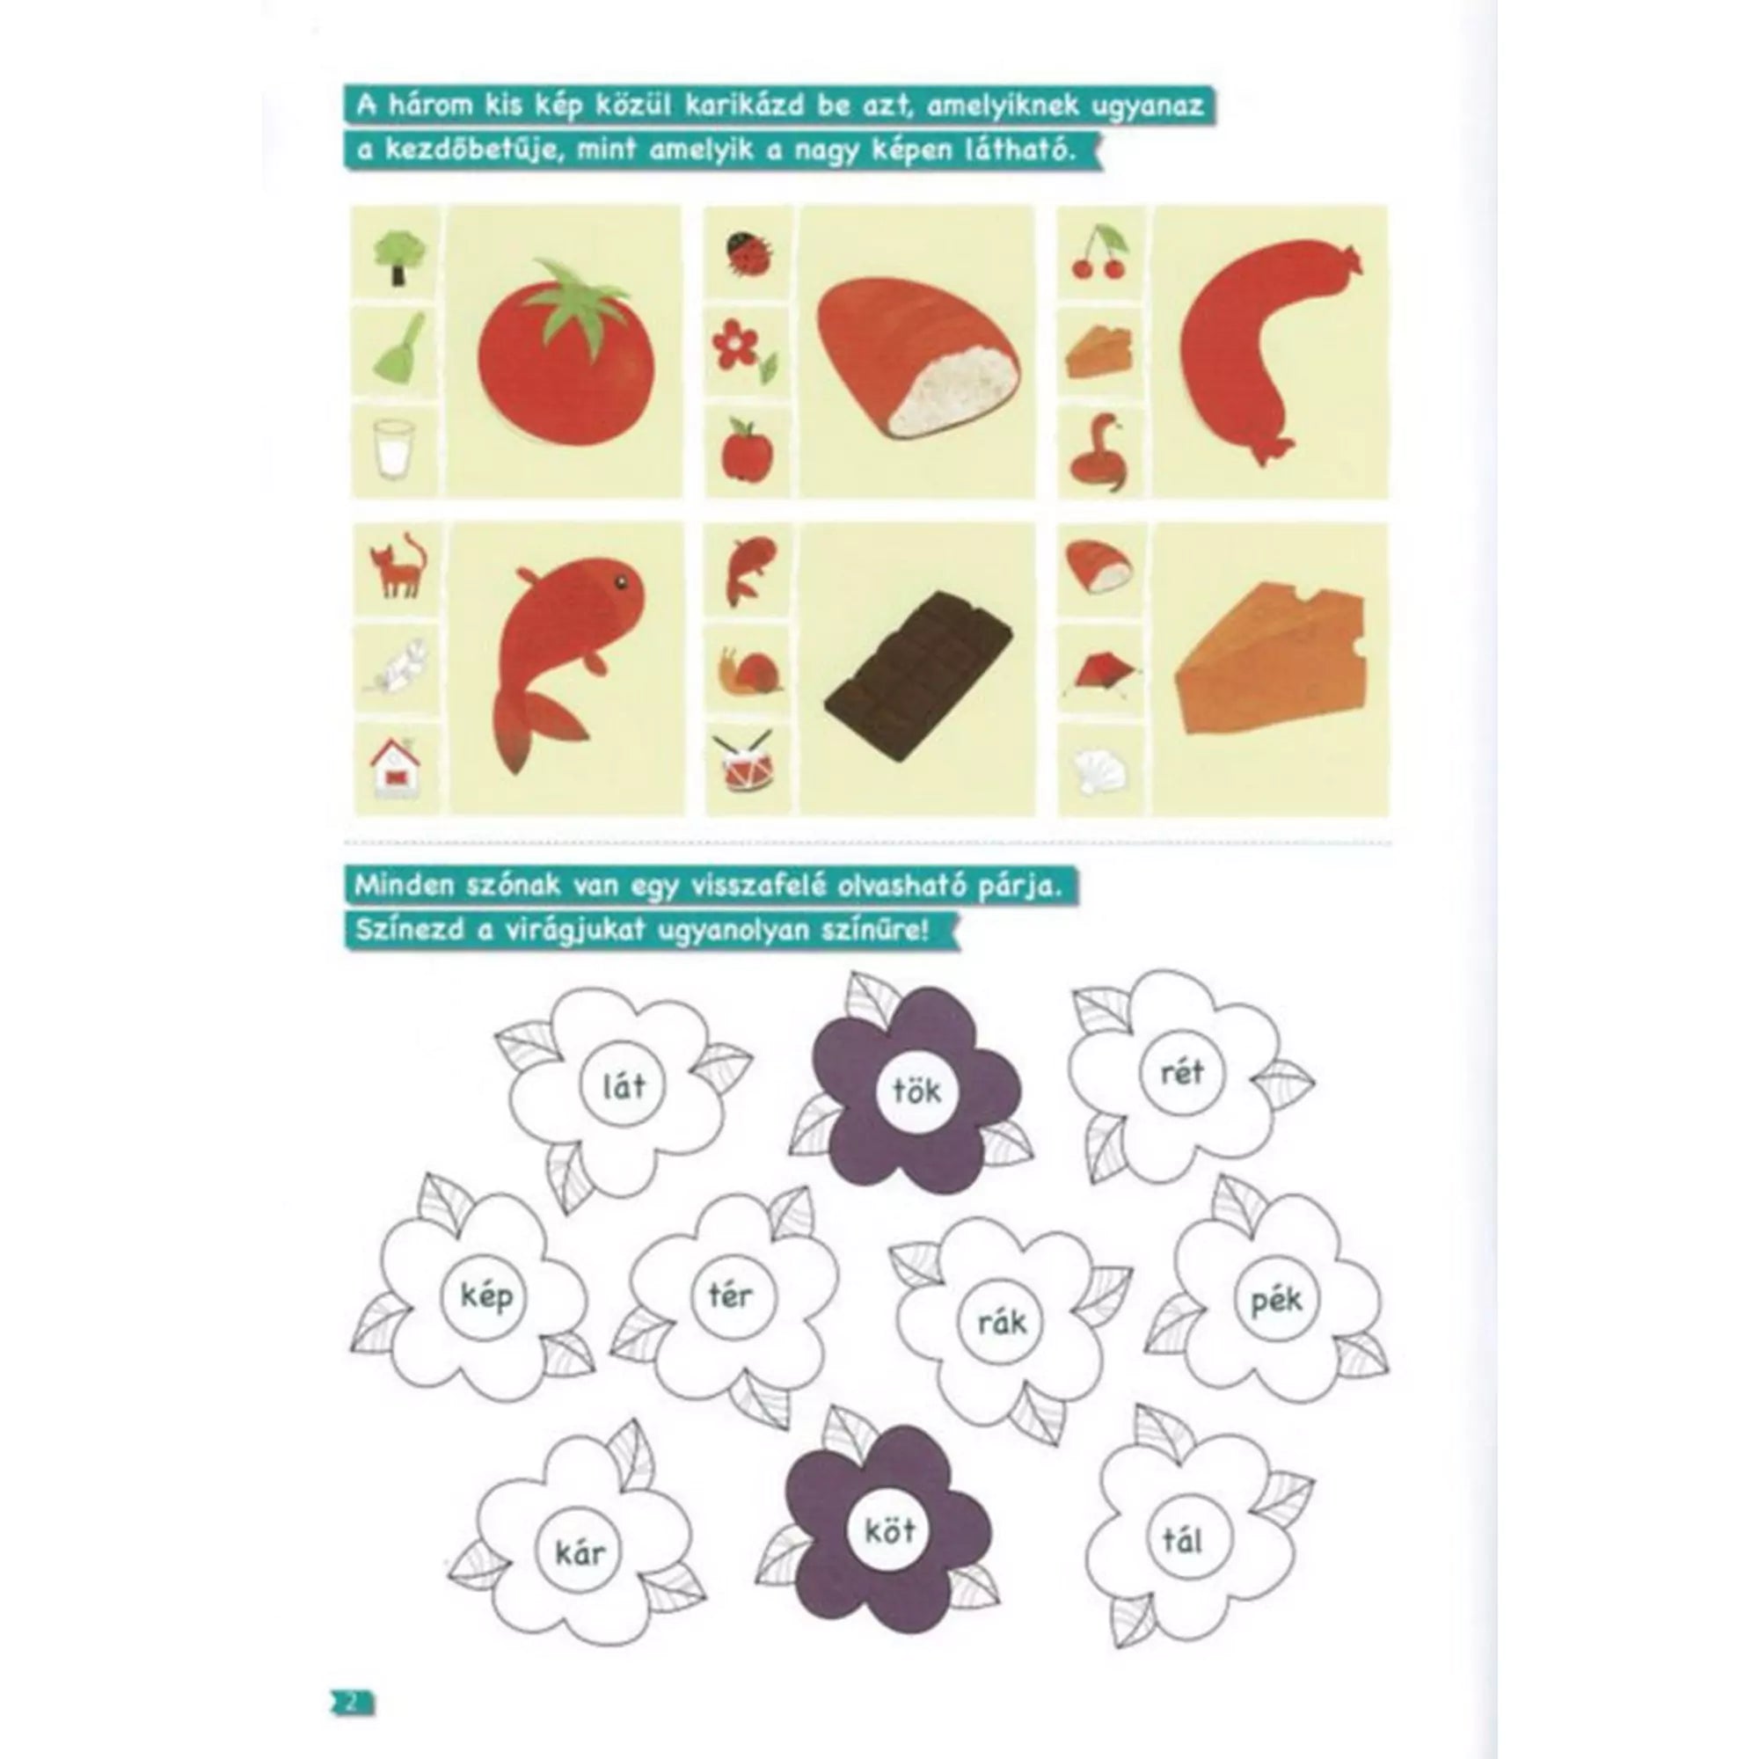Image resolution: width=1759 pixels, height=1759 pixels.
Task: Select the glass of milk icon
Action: click(x=393, y=449)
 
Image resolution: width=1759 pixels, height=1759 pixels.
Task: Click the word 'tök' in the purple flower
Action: click(x=916, y=1091)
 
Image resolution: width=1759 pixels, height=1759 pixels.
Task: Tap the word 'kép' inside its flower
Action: click(x=487, y=1296)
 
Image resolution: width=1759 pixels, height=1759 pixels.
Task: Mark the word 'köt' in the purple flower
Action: click(x=890, y=1530)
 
